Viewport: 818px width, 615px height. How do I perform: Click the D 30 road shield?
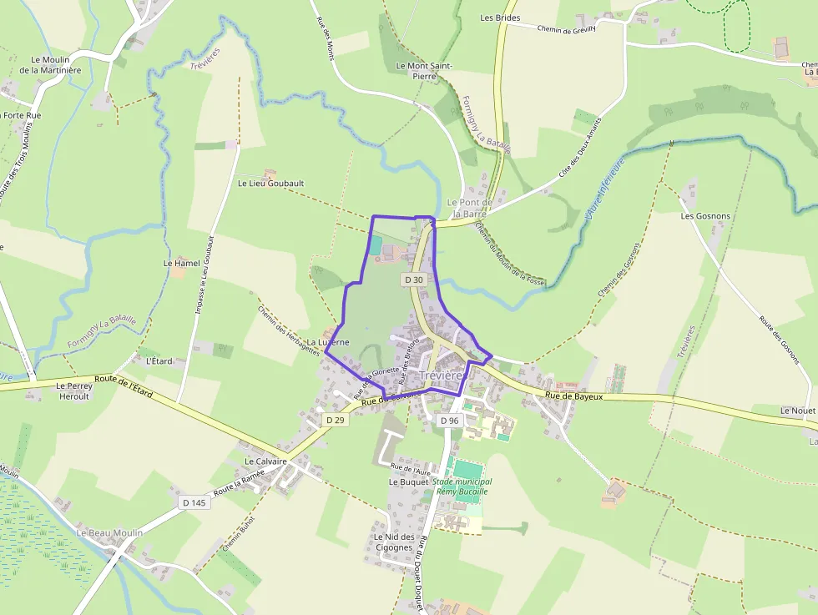pos(414,280)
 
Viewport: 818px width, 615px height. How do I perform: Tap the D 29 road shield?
pos(335,420)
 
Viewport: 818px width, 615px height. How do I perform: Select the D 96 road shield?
pos(449,421)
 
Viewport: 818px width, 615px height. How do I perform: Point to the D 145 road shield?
pos(194,502)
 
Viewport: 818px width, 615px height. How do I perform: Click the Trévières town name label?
pos(441,376)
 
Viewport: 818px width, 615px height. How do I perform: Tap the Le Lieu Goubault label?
pos(271,184)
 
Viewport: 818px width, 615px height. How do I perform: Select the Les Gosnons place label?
pos(705,216)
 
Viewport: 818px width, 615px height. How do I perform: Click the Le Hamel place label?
pos(182,264)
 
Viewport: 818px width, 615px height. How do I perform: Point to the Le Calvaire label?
pos(266,461)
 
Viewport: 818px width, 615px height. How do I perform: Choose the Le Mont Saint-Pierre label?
pos(424,70)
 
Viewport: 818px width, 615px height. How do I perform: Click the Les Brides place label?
pos(500,18)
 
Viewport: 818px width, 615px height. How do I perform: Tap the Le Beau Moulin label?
pos(109,532)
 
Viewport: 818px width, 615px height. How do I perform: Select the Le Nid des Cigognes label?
pos(394,542)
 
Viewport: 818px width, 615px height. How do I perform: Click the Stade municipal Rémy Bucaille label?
pos(462,486)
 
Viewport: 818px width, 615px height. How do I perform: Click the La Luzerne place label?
pos(327,343)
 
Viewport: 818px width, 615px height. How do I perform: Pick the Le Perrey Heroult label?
pos(73,391)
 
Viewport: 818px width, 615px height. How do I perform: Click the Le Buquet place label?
pos(408,482)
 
